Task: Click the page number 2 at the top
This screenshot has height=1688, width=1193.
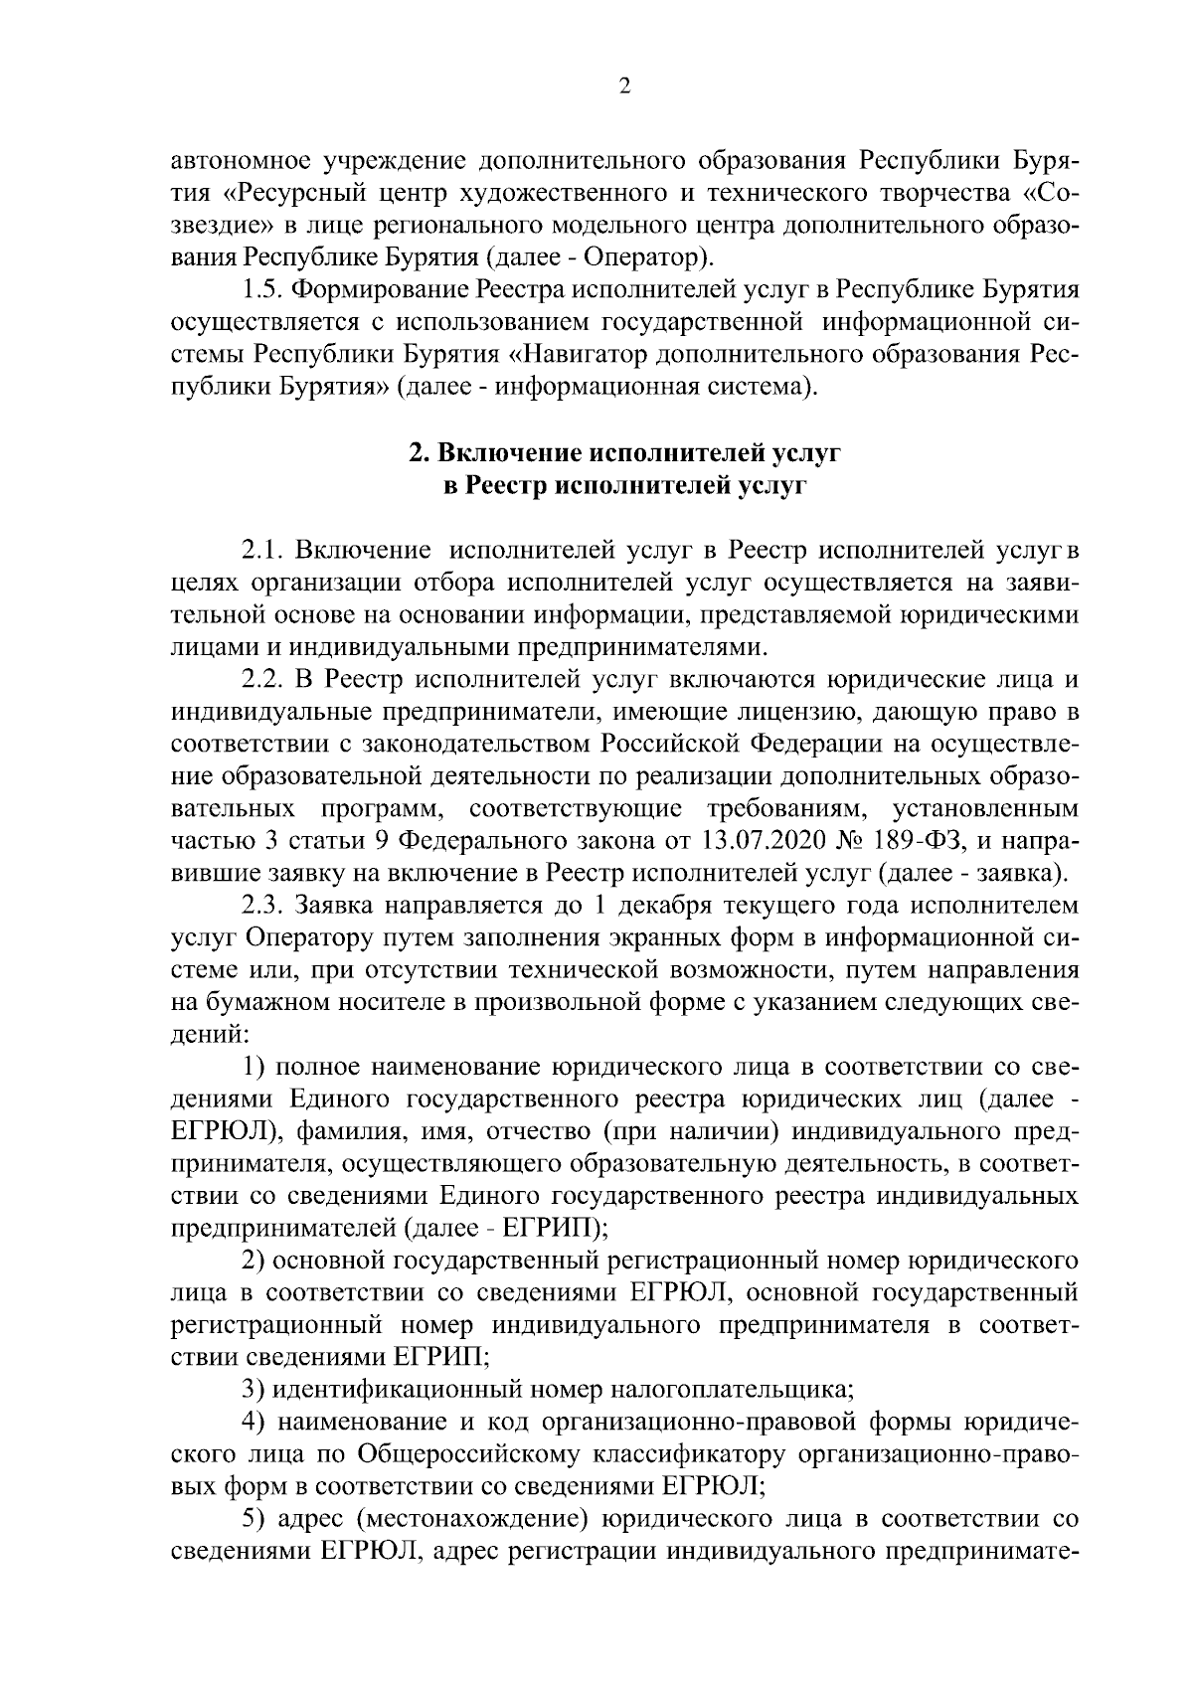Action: pos(624,87)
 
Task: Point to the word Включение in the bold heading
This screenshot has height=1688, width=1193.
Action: pos(508,453)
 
